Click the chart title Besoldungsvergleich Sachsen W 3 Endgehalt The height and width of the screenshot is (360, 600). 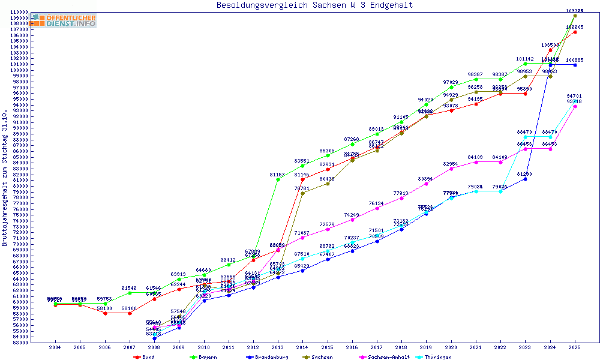[x=315, y=5]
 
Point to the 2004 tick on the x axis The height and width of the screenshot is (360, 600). [x=55, y=347]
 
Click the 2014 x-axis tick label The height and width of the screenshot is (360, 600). [x=302, y=347]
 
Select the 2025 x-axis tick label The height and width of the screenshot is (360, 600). [x=575, y=347]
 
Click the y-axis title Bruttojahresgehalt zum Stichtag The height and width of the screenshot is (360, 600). [x=5, y=178]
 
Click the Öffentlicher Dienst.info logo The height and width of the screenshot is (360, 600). [x=65, y=20]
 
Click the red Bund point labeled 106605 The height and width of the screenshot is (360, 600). [x=575, y=32]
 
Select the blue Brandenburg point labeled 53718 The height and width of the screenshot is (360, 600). [x=154, y=338]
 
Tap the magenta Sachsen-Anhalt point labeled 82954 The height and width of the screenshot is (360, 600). [x=451, y=169]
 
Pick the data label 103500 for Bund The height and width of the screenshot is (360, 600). [x=550, y=45]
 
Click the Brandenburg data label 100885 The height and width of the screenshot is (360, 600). [x=575, y=60]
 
